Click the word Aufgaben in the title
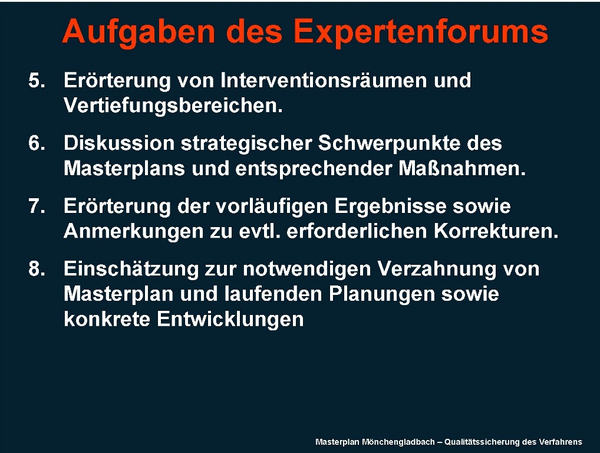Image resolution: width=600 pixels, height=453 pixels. point(139,32)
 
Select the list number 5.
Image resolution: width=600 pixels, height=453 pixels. point(37,80)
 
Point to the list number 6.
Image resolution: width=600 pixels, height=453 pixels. point(37,143)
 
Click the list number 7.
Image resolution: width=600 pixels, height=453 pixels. point(37,206)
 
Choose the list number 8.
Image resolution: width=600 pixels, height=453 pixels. point(37,269)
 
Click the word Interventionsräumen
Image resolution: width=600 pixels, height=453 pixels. point(324,80)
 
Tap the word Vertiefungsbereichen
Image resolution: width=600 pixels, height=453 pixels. point(173,106)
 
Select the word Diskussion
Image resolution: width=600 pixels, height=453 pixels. point(119,143)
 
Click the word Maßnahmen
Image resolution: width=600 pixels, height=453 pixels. point(462,169)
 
